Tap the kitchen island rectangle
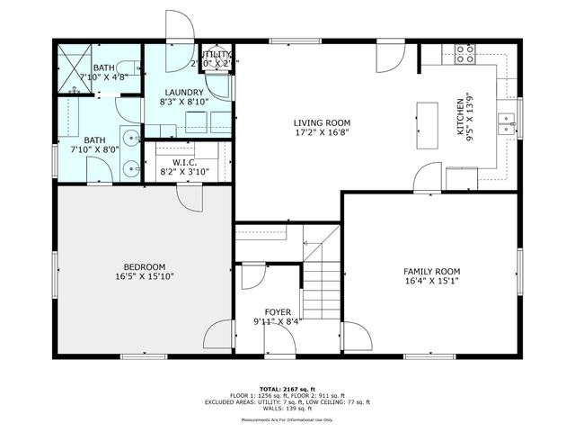[426, 126]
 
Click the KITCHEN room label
[461, 117]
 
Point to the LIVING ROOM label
[322, 123]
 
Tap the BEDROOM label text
[144, 266]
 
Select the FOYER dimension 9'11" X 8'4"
[277, 321]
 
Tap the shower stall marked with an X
[73, 66]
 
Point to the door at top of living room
[391, 58]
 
